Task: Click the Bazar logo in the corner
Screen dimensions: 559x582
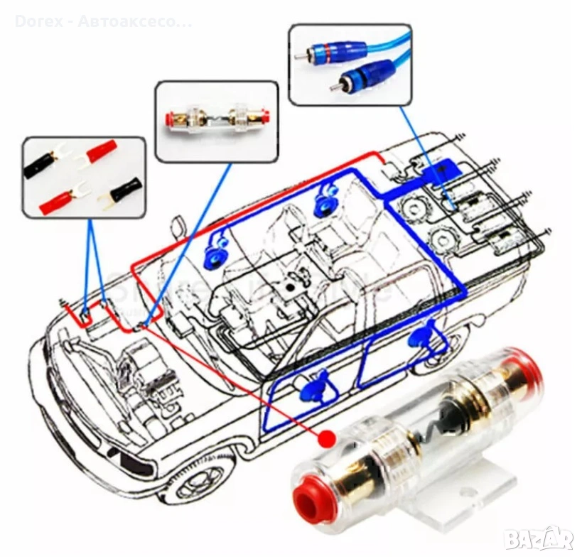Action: click(538, 538)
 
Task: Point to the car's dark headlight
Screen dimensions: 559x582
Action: click(136, 465)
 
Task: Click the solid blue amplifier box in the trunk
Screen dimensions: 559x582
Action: click(440, 171)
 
